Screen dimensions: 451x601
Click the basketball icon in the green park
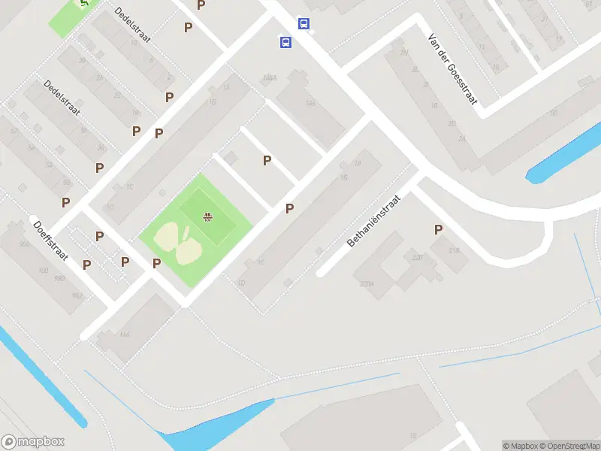207,219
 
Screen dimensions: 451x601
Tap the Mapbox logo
33,442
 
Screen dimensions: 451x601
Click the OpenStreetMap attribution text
568,446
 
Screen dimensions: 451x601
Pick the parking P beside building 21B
438,230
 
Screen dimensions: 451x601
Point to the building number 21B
454,250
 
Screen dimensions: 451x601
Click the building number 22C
417,258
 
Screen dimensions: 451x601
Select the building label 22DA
367,283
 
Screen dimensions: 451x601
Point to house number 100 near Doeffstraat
42,270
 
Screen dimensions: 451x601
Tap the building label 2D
451,124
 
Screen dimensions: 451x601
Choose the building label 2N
404,52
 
